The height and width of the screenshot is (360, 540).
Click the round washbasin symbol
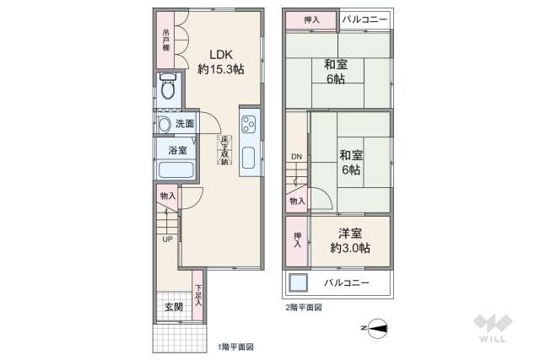coord(165,125)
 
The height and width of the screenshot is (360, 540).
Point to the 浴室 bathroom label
coord(177,151)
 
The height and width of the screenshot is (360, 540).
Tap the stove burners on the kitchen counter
coord(250,126)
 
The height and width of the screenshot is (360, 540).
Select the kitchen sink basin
coord(250,158)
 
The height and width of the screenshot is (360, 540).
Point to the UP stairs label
coord(168,238)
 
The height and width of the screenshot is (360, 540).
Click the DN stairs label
coord(296,157)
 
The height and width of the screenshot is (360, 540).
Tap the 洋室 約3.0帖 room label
coord(350,240)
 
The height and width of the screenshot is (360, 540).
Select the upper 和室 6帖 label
coord(339,70)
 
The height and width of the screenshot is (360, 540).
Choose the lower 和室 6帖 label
coord(350,162)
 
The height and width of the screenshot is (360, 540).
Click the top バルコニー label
coord(366,19)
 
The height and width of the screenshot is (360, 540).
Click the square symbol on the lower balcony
coord(299,282)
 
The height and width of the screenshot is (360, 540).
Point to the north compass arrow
coord(377,327)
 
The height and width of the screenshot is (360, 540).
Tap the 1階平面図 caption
coord(235,347)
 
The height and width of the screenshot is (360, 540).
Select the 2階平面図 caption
coord(303,307)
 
